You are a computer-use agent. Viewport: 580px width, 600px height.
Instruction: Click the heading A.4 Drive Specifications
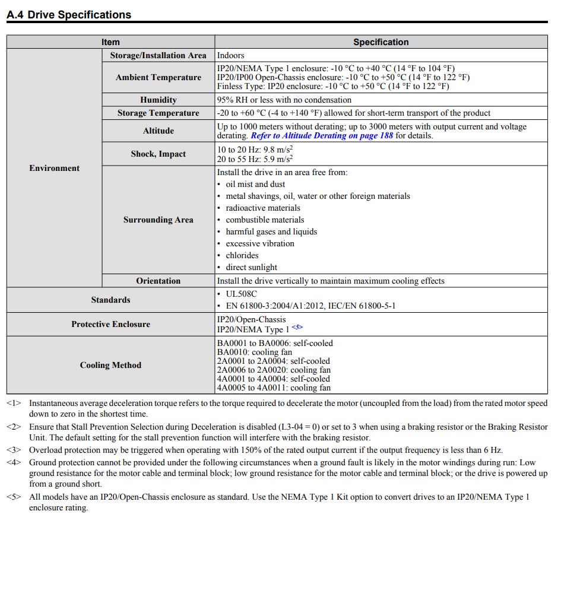point(69,15)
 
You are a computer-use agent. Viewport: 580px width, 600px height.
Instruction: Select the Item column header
point(110,42)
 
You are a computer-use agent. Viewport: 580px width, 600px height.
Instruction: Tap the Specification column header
point(381,42)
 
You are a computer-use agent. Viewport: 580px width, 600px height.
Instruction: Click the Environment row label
point(54,168)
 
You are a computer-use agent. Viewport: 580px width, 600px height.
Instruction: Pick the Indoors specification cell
point(230,55)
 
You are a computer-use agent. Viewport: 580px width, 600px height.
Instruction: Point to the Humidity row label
point(158,100)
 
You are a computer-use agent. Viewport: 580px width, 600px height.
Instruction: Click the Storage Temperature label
point(158,113)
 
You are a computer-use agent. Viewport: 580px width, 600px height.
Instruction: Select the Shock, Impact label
point(158,154)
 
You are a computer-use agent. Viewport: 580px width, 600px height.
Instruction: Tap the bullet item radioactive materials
point(263,208)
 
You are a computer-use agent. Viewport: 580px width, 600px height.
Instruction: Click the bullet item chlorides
point(242,255)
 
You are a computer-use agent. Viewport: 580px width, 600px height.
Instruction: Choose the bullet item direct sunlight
point(251,267)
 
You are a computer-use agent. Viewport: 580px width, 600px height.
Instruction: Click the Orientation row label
point(158,281)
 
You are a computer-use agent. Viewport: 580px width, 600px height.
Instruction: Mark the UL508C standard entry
point(241,294)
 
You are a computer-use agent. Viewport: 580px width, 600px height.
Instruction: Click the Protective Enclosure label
point(110,324)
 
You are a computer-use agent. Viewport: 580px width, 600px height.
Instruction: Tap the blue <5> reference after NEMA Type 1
point(297,327)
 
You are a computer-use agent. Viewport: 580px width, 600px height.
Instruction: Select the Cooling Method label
point(110,365)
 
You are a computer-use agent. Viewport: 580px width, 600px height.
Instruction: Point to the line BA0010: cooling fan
point(254,352)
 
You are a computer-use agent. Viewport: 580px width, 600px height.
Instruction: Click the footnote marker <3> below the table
point(14,450)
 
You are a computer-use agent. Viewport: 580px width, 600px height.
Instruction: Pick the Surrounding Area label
point(158,220)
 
